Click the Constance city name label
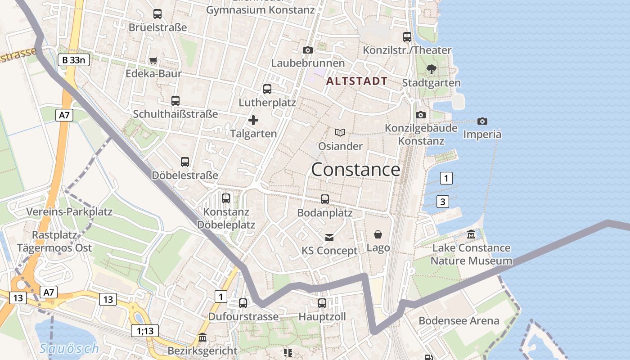click(x=355, y=170)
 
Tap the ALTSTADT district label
click(x=357, y=81)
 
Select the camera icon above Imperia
click(x=482, y=121)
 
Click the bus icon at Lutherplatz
click(x=267, y=89)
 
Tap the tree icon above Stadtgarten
click(x=432, y=69)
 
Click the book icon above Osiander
click(x=341, y=132)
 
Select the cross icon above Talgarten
click(x=253, y=120)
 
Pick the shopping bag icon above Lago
click(x=378, y=234)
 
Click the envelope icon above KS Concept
click(x=330, y=237)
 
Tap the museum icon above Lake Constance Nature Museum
click(x=471, y=234)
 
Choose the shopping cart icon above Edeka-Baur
click(x=153, y=60)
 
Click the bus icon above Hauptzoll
click(x=322, y=303)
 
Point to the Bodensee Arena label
click(x=459, y=321)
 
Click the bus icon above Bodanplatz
click(x=325, y=199)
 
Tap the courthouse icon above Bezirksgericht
click(x=202, y=337)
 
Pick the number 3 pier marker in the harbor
click(x=443, y=202)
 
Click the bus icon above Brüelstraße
click(x=157, y=14)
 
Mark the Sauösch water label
click(x=69, y=348)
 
